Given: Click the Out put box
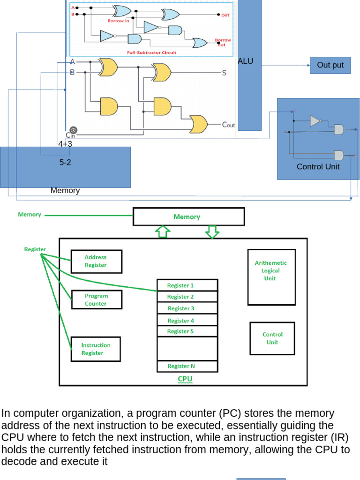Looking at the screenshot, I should pos(330,65).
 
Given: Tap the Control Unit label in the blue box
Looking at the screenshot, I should pos(318,166).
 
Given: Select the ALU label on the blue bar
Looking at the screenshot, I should pos(246,61).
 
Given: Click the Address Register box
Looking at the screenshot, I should pos(96,261).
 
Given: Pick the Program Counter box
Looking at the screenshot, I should pos(96,300).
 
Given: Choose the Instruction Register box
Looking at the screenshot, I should pos(96,349).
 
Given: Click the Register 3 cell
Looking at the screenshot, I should pos(187,308).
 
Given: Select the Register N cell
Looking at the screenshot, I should pos(187,366).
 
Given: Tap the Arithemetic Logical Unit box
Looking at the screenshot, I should pos(270,277).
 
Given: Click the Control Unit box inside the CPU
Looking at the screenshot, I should pos(272,338).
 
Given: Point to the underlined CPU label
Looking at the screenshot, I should pos(185,379).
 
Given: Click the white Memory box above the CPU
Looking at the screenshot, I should pos(188,217).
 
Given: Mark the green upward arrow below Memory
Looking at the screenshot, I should pos(163,232).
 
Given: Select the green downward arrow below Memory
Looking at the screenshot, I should pos(212,232).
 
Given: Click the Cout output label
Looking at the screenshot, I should pos(228,125).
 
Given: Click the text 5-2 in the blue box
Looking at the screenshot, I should pos(65,163).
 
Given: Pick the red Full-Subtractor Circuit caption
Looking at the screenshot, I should pos(151,52).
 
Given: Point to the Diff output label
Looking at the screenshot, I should pos(225,15).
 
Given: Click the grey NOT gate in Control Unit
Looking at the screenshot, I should pos(315,121).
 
